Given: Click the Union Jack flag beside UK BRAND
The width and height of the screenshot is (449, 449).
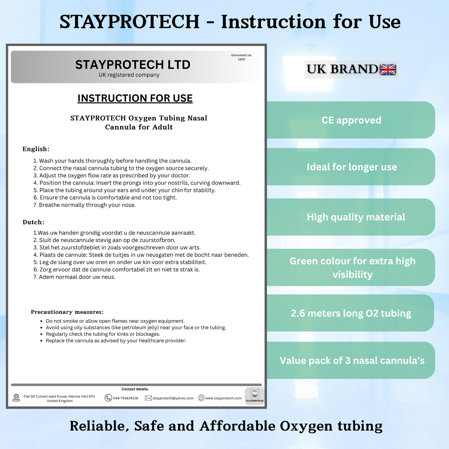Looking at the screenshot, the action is point(388,69).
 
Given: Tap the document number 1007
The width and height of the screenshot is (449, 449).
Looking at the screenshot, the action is point(241,59).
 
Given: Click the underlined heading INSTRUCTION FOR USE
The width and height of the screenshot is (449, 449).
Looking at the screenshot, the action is point(135,98).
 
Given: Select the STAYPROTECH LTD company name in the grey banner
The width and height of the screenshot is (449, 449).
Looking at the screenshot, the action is point(133,65).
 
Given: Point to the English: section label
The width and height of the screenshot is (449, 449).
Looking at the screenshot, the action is point(36,149).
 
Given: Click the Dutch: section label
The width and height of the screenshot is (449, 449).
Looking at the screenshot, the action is point(33,222).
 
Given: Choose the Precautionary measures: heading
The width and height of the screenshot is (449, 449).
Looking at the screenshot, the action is point(67,312).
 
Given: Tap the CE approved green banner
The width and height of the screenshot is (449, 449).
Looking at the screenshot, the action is point(351,120).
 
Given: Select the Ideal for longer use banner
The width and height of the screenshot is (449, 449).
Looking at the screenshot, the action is point(351,167).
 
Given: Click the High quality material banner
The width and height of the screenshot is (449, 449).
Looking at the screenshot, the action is point(351,217).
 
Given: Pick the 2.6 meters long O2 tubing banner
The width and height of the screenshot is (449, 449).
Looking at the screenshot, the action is point(350,313).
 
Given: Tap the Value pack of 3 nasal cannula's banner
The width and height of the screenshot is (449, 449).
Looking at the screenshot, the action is point(351,360).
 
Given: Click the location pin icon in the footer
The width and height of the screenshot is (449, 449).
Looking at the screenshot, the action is point(16,398).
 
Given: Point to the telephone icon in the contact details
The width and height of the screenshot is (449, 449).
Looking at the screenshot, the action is point(108,398).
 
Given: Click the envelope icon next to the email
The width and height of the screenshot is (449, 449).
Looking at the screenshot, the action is point(148,398).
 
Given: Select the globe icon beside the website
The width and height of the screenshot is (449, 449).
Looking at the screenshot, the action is point(201,398).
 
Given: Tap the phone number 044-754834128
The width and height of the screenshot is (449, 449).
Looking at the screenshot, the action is point(125,398).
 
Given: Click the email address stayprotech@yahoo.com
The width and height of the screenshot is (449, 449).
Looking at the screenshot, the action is point(173,398).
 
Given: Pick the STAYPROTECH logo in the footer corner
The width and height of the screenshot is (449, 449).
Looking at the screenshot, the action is point(254,396).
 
